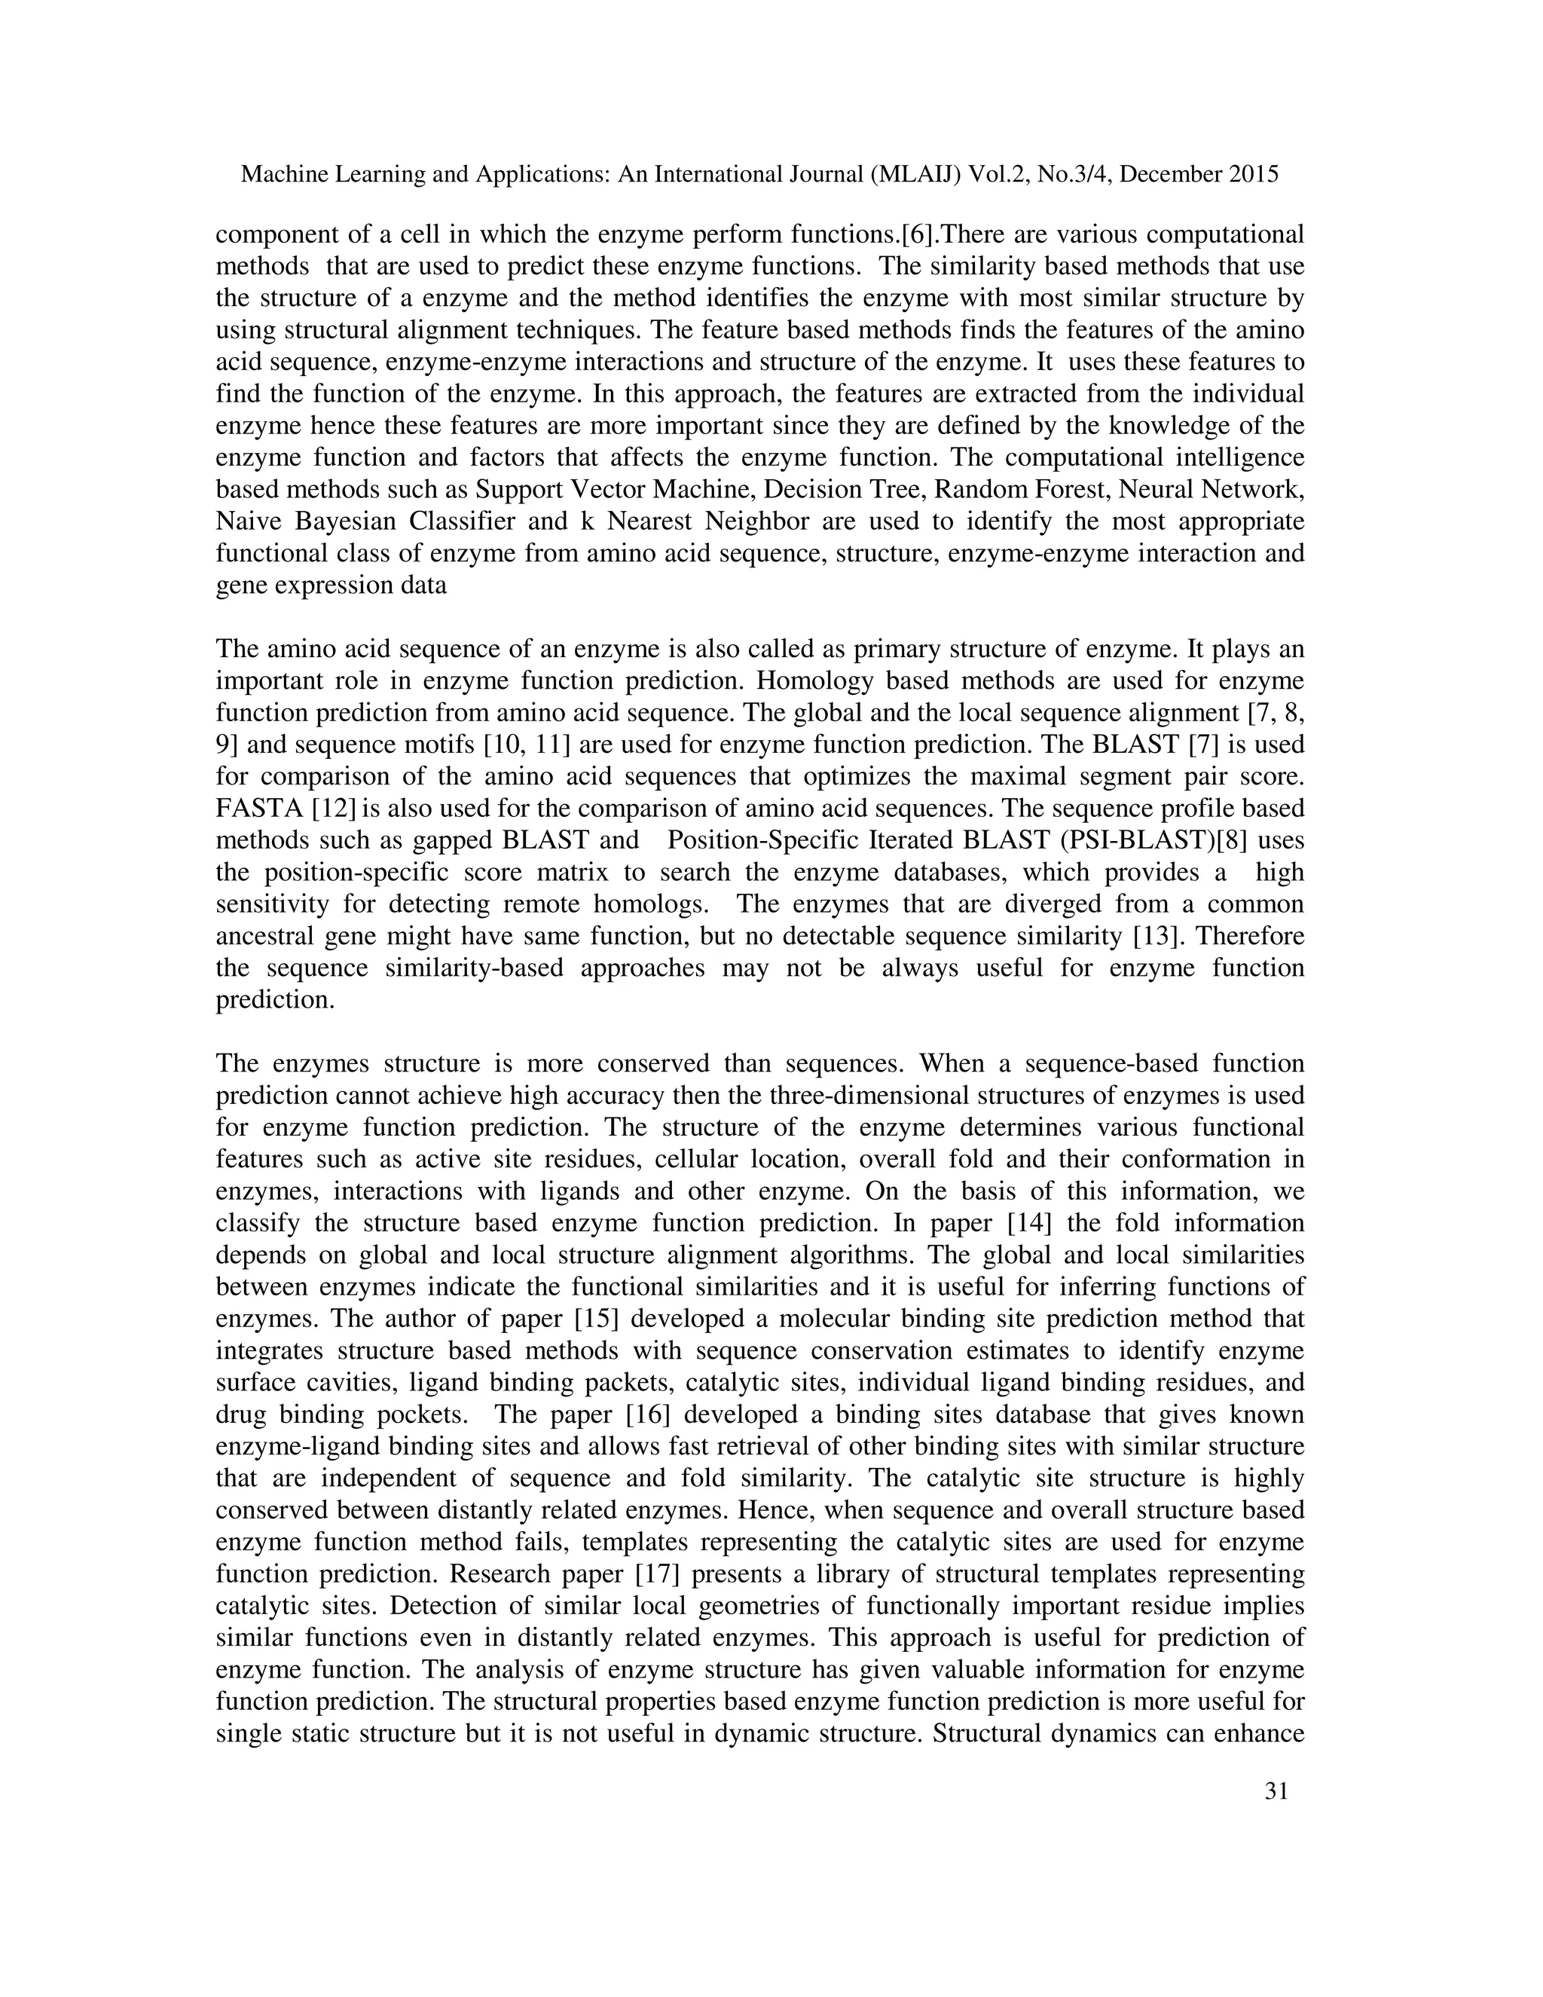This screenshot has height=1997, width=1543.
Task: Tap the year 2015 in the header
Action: click(x=1252, y=175)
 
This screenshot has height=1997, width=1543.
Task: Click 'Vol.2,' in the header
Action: click(x=998, y=175)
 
